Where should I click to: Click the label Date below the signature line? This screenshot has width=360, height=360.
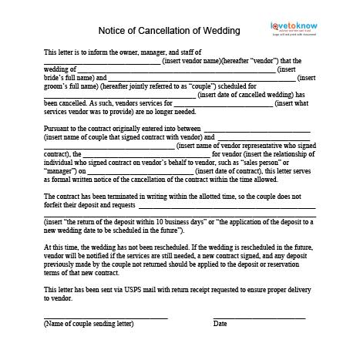point(220,325)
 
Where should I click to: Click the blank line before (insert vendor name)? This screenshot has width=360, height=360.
point(97,61)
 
